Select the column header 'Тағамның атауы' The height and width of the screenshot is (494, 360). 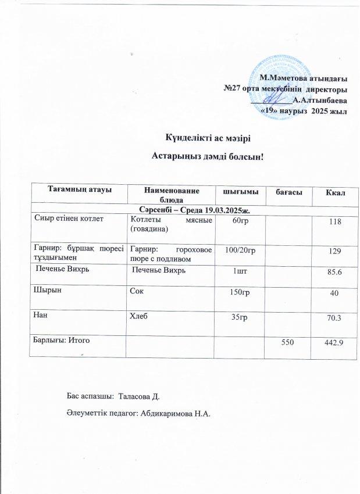click(80, 190)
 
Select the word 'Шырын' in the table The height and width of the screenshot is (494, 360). click(44, 292)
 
